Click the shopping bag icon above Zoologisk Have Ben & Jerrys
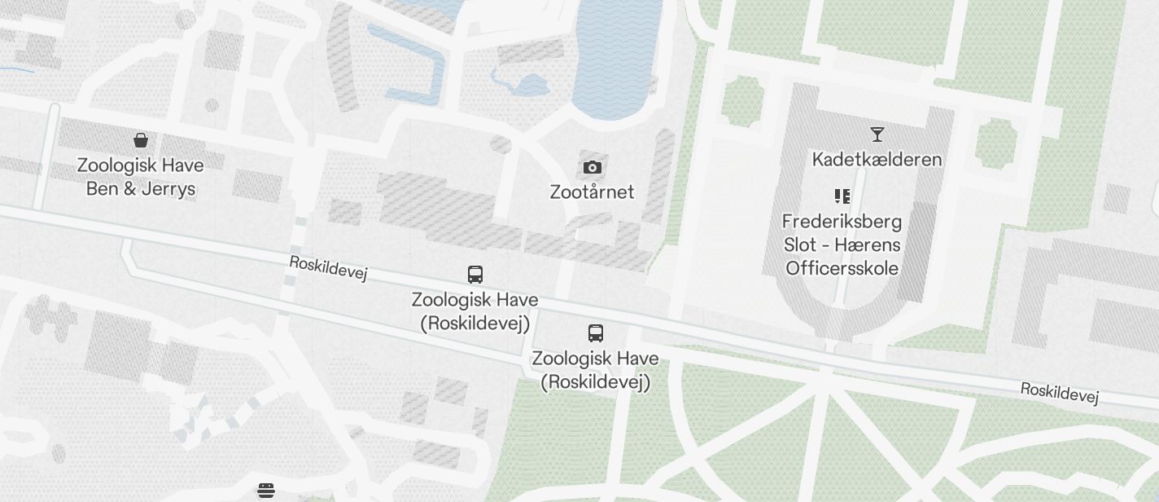point(141,140)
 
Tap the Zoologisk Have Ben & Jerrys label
point(141,177)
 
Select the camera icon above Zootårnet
point(593,167)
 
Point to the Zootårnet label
point(592,192)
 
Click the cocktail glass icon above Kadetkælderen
point(877,134)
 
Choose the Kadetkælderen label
point(877,160)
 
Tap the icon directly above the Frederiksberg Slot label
point(842,196)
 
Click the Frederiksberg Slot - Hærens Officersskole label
point(842,244)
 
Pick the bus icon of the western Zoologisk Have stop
point(475,275)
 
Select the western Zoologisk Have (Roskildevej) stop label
point(475,311)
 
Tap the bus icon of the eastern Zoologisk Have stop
point(596,333)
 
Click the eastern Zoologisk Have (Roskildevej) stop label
point(596,370)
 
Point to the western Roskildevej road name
point(328,268)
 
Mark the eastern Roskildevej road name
point(1060,392)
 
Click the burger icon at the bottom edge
point(266,491)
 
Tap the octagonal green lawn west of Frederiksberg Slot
point(741,101)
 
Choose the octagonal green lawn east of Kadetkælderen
point(995,143)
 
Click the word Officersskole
point(842,268)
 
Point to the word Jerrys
point(168,189)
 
